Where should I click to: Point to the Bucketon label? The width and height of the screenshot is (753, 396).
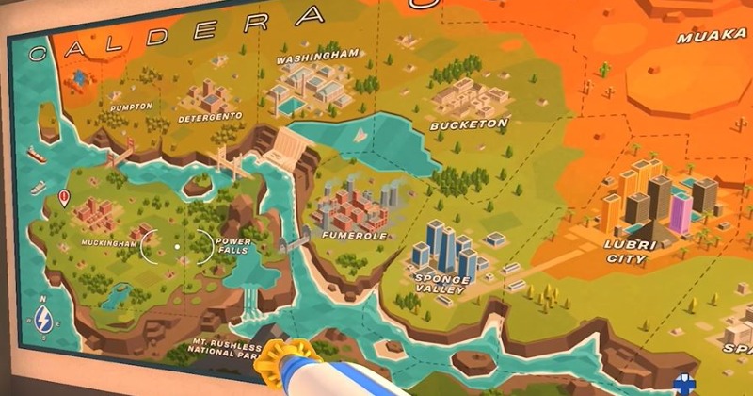coord(469,124)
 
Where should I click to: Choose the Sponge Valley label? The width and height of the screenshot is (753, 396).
coord(441,285)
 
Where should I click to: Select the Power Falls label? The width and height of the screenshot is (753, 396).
coord(233,245)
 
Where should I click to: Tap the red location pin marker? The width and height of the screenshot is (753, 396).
coord(64,198)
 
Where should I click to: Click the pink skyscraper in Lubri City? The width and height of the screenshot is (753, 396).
coord(680,211)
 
